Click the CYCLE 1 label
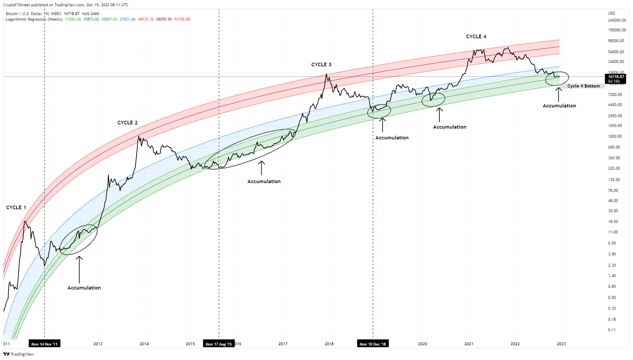click(16, 208)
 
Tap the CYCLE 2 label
click(127, 123)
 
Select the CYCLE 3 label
click(321, 65)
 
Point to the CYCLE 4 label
click(476, 37)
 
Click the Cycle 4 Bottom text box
click(584, 86)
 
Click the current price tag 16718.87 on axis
click(616, 77)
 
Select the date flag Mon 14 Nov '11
click(45, 344)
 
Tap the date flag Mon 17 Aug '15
click(218, 344)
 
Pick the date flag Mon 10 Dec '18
click(373, 344)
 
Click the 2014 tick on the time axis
click(144, 344)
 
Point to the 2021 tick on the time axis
click(469, 344)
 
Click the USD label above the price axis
click(612, 13)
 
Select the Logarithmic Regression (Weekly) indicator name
click(34, 19)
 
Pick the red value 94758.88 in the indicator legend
click(182, 19)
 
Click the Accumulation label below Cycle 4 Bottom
click(559, 106)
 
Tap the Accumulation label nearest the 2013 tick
click(84, 288)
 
